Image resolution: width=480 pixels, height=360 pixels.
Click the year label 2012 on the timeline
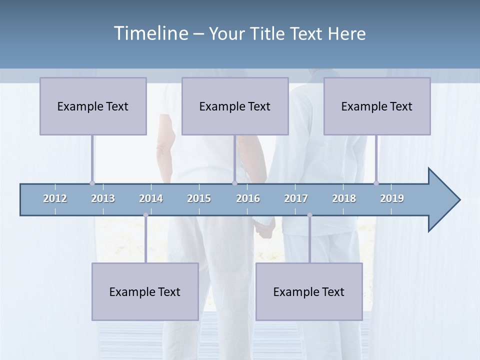coord(55,198)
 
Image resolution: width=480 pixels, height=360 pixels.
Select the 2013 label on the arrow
coord(103,198)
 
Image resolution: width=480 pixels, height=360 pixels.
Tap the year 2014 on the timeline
coord(151,198)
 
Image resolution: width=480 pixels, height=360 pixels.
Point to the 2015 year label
coord(199,198)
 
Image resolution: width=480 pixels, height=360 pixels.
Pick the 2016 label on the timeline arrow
coord(248,198)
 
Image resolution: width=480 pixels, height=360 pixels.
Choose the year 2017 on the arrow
coord(296,198)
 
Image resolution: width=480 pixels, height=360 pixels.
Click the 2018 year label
coord(344,198)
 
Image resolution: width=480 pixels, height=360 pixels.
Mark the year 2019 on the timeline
coord(392,198)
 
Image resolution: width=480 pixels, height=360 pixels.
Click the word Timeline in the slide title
coord(150,33)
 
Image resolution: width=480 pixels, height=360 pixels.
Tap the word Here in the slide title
coord(346,33)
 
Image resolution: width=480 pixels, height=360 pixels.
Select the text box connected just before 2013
coord(93,106)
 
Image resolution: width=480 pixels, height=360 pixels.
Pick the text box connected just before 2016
coord(235,106)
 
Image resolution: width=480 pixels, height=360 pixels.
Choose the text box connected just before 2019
coord(377,106)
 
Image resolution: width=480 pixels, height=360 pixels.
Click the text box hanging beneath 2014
coord(145,291)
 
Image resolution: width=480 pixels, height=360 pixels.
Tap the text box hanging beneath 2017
coord(309,291)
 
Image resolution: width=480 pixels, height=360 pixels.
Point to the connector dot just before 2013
coord(92,183)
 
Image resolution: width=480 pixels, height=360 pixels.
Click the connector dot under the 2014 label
coord(145,215)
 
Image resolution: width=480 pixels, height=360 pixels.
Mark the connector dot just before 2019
coord(376,183)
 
